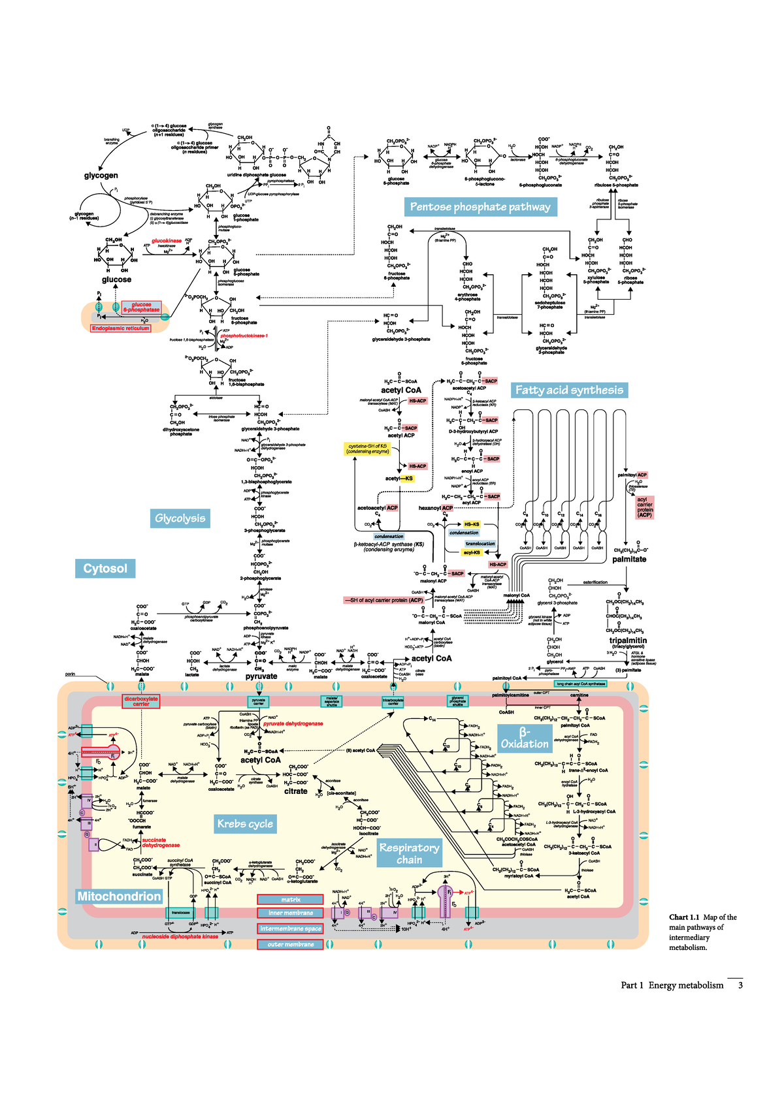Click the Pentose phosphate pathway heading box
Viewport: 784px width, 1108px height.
[480, 207]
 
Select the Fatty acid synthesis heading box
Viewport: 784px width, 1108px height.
[569, 390]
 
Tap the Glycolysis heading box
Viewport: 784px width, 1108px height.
[180, 518]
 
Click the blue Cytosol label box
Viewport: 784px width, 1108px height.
[105, 568]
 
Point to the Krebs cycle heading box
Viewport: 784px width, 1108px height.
[245, 824]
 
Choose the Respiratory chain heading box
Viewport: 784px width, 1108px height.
[409, 853]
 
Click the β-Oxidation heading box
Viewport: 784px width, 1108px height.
[524, 738]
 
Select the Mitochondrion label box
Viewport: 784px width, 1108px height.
[119, 896]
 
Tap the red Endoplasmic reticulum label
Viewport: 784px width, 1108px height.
[121, 328]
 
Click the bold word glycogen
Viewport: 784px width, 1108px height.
[101, 176]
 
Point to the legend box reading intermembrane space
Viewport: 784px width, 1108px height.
[290, 928]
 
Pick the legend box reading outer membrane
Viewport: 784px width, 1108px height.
[290, 944]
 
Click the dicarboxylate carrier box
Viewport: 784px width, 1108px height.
[141, 701]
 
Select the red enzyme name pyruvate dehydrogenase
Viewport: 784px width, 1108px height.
[293, 723]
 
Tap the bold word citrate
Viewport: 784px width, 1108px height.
[295, 791]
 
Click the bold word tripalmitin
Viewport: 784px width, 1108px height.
[628, 641]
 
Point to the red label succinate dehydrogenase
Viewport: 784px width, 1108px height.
[161, 843]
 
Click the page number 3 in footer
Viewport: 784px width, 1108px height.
[740, 985]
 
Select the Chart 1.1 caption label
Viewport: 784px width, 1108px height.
[684, 917]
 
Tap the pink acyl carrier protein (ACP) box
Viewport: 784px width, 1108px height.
[644, 507]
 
